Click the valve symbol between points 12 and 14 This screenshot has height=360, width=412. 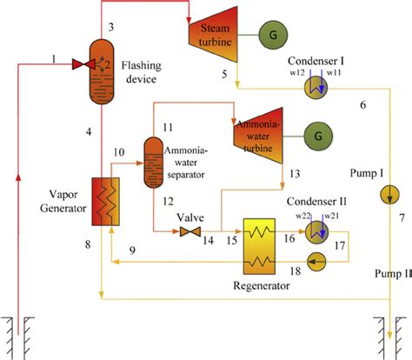184,232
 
